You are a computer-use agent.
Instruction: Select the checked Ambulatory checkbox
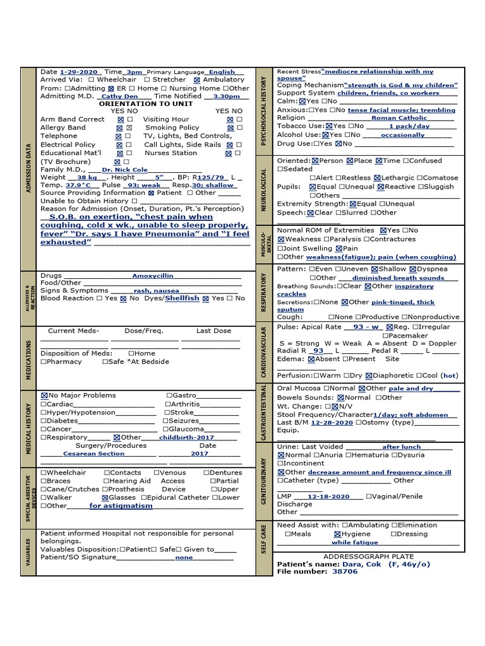point(197,80)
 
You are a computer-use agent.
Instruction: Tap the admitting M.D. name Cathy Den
point(119,97)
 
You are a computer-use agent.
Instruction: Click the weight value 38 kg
point(87,178)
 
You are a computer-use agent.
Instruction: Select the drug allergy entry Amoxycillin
point(152,276)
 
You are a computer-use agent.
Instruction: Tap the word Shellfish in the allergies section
point(182,298)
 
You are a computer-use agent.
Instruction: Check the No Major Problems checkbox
point(44,396)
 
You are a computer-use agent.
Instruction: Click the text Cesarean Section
point(93,454)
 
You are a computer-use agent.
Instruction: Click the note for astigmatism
point(121,506)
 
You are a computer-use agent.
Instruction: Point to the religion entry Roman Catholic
point(399,118)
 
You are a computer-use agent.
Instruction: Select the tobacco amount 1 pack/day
point(409,126)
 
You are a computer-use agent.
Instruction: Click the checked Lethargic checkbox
point(377,179)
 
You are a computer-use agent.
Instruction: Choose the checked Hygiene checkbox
point(338,534)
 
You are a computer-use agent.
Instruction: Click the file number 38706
point(344,572)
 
